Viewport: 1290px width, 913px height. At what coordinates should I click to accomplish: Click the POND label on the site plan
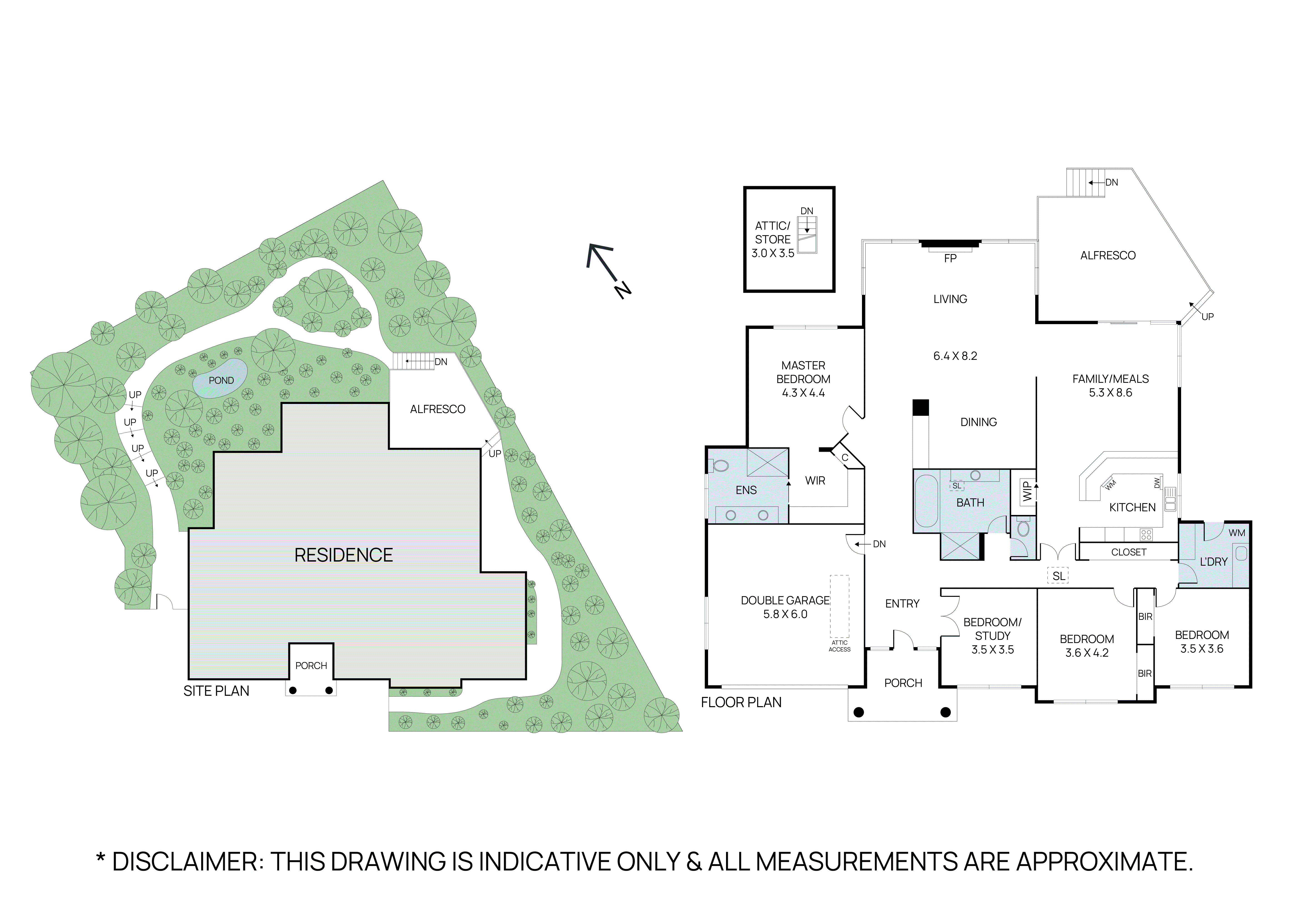click(x=221, y=381)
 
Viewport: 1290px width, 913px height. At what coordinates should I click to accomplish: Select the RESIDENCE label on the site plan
click(x=343, y=555)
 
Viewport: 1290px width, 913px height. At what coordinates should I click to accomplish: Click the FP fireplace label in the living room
click(x=950, y=259)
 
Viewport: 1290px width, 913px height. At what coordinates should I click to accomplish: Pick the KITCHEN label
click(x=1132, y=508)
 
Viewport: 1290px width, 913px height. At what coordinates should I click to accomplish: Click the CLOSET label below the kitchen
click(x=1128, y=553)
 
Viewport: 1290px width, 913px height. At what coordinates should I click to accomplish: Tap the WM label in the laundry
click(x=1237, y=533)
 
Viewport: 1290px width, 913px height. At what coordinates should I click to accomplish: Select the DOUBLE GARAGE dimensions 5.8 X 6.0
click(x=785, y=615)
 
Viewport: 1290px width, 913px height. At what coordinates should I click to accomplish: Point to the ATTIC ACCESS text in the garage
click(x=839, y=646)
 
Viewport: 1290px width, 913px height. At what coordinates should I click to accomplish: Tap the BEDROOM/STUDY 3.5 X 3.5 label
click(x=992, y=636)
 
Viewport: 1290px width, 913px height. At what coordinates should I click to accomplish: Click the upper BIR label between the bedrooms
click(x=1145, y=617)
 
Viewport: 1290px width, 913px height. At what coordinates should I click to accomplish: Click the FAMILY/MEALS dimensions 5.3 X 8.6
click(x=1110, y=393)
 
